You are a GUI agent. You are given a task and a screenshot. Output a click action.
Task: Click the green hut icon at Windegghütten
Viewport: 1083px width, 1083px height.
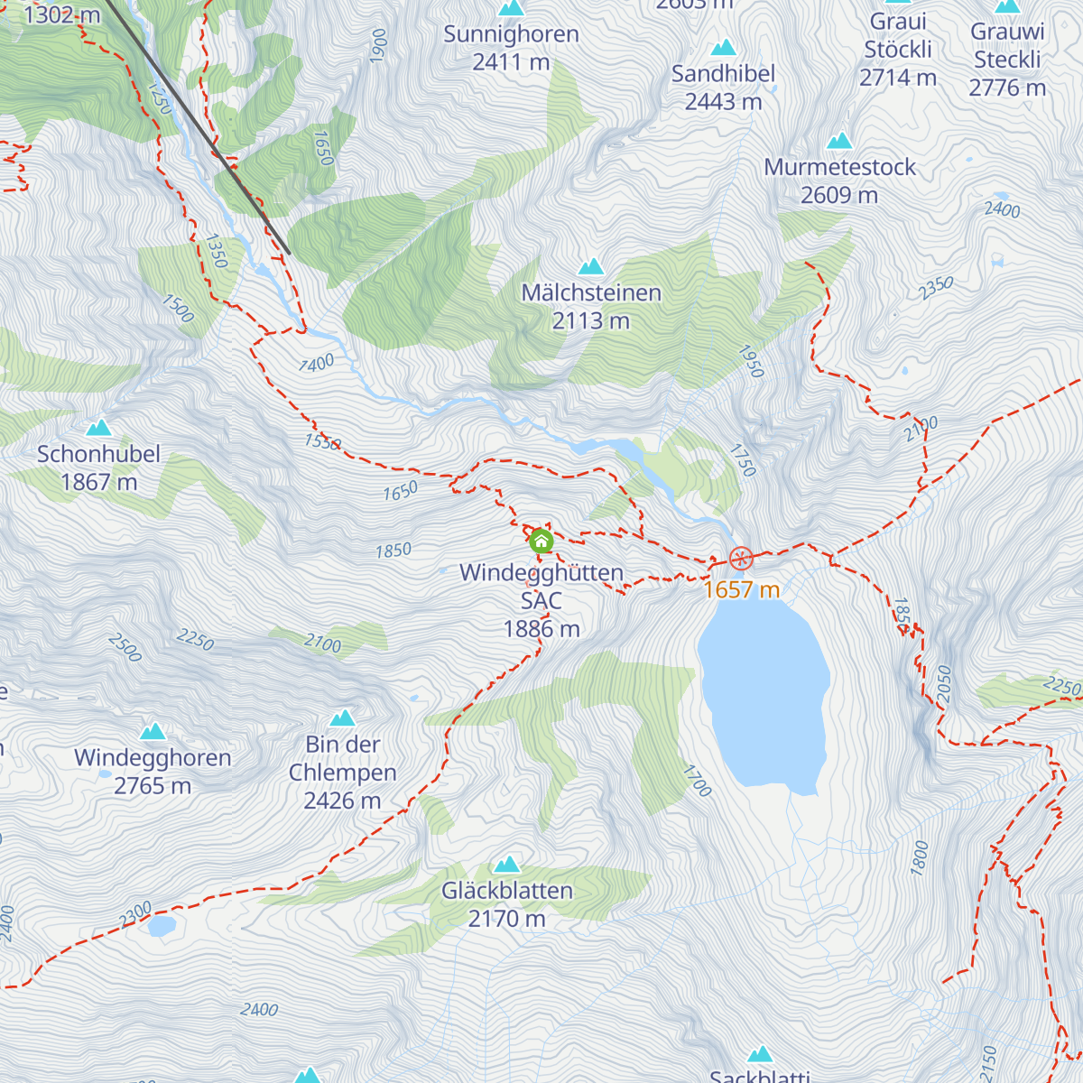tap(541, 541)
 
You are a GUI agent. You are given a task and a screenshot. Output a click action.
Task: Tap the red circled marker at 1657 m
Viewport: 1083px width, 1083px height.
tap(741, 559)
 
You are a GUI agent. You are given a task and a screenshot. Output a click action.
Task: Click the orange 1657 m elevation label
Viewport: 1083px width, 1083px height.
tap(741, 590)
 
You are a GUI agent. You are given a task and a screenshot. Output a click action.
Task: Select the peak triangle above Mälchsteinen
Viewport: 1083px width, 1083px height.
tap(591, 266)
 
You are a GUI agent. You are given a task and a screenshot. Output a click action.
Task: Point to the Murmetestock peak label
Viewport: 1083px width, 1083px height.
tap(839, 180)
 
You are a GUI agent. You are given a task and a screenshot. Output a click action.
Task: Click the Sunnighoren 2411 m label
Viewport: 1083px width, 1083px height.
tap(511, 48)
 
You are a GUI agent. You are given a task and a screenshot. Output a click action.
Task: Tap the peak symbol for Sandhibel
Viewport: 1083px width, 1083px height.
tap(723, 48)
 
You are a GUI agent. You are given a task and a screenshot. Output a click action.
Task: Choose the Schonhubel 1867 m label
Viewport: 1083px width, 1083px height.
tap(98, 467)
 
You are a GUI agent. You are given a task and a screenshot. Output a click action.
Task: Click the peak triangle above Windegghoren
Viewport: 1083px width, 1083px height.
tap(153, 731)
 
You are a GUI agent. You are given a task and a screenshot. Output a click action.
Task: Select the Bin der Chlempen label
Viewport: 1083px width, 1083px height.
tap(343, 772)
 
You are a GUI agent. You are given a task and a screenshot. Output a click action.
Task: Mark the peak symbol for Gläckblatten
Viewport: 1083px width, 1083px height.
tap(507, 865)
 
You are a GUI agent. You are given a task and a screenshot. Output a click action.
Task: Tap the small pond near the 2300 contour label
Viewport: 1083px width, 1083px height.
tap(162, 926)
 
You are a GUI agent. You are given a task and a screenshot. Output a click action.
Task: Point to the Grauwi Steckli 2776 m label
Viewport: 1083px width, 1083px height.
tap(1007, 60)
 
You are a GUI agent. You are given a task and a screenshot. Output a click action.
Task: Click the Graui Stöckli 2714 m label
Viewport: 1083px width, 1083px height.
tap(898, 50)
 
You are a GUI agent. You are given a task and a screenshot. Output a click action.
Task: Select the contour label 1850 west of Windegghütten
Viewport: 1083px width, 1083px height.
tap(393, 551)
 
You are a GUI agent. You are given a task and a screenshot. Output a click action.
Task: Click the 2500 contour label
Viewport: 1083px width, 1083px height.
tap(125, 647)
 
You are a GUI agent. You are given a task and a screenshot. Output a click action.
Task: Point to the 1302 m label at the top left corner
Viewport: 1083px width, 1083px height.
tap(61, 15)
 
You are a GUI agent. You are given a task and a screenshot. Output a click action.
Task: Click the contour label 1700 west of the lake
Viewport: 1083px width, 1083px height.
tap(697, 781)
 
